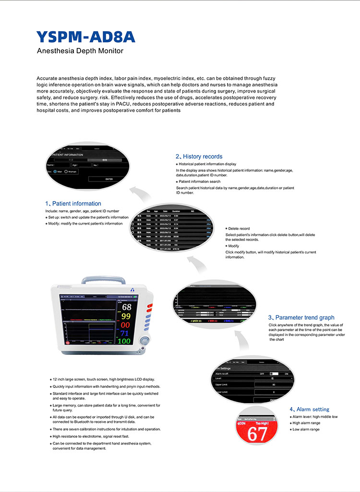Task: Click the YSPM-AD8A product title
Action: [x=86, y=37]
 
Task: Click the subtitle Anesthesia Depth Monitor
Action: [x=80, y=51]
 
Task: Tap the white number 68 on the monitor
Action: [x=126, y=307]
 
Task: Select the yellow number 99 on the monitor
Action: [x=126, y=316]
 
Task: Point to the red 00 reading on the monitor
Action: [x=126, y=325]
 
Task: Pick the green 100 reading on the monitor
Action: [x=124, y=341]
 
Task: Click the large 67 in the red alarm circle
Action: [x=257, y=435]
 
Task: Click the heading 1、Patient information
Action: [x=73, y=204]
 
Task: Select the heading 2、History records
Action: [x=199, y=156]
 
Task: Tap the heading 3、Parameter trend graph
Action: [x=301, y=317]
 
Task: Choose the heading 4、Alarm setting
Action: [x=309, y=409]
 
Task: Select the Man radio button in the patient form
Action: [x=55, y=171]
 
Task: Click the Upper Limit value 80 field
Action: [x=274, y=385]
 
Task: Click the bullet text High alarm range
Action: [x=306, y=423]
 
